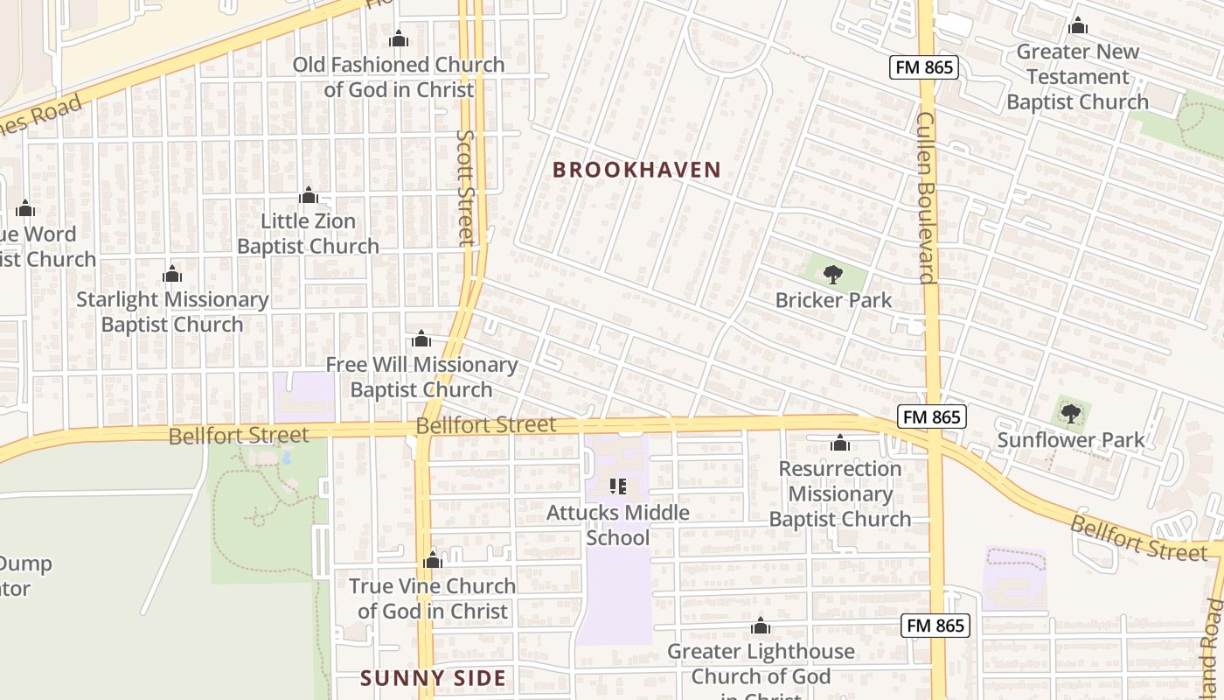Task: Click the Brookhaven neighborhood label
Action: pos(636,170)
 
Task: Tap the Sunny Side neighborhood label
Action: pos(434,678)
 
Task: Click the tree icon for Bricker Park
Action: pos(833,275)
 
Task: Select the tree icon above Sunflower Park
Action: pos(1070,414)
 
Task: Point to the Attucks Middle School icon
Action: pos(618,486)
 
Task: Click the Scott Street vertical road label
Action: pos(466,188)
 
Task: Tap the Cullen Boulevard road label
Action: pos(927,197)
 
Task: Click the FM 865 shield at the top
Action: pos(925,67)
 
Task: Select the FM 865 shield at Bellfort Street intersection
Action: pos(932,417)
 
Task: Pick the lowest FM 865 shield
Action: pos(935,625)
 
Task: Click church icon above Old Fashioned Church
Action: pos(399,39)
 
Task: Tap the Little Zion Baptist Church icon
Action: pos(308,195)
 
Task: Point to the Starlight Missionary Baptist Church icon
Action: pos(172,275)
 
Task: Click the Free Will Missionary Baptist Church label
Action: pos(421,376)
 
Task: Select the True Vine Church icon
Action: pos(433,560)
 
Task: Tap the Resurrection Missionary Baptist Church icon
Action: pos(839,443)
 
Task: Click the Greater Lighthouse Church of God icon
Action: pos(761,626)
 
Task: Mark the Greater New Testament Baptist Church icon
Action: pos(1077,26)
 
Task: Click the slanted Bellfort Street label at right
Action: pos(1138,537)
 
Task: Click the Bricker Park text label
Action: pos(833,300)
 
